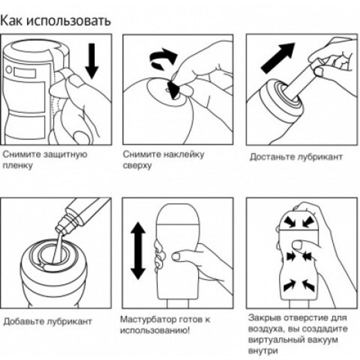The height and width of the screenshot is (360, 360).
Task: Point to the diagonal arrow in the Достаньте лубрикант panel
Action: click(278, 58)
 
